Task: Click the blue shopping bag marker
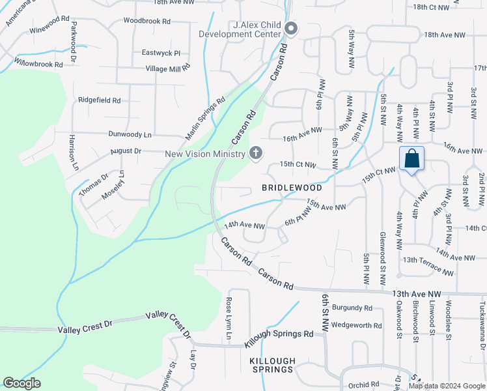pyautogui.click(x=411, y=159)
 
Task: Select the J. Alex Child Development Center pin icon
pyautogui.click(x=292, y=28)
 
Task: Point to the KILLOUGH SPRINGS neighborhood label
pyautogui.click(x=273, y=365)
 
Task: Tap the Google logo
pyautogui.click(x=21, y=383)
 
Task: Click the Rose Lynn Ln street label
pyautogui.click(x=229, y=319)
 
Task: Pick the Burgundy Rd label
pyautogui.click(x=352, y=308)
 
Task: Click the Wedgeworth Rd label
pyautogui.click(x=356, y=325)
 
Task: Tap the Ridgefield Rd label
pyautogui.click(x=100, y=100)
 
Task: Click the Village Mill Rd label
pyautogui.click(x=168, y=67)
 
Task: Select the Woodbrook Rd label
pyautogui.click(x=146, y=22)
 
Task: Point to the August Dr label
pyautogui.click(x=126, y=151)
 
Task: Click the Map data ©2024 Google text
pyautogui.click(x=445, y=386)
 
